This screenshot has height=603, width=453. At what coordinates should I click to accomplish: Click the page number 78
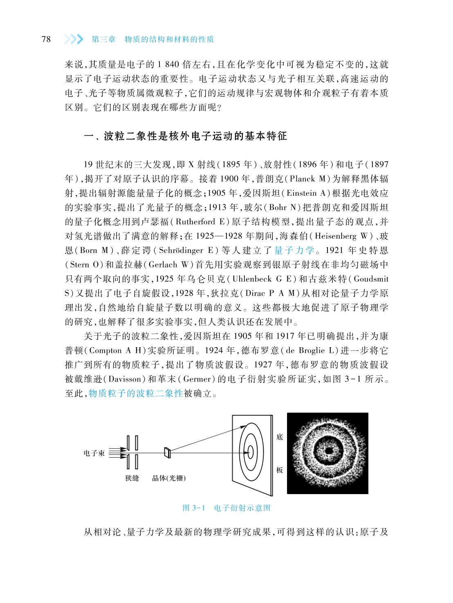46,39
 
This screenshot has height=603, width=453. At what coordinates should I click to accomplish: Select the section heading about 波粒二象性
185,136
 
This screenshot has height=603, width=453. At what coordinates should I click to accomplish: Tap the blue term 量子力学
294,250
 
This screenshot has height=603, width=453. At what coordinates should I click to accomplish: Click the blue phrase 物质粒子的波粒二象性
135,394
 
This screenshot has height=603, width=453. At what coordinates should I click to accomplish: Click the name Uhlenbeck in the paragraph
254,279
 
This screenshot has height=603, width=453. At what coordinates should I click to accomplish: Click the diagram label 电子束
94,453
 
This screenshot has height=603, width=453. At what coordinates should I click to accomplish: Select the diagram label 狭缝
132,478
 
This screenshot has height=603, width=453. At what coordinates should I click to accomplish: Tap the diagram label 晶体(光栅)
169,478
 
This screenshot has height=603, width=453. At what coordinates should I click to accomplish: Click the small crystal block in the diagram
167,452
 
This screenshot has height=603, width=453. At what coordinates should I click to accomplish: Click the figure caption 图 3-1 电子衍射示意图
226,508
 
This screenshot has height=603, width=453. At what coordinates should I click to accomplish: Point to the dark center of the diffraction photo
328,450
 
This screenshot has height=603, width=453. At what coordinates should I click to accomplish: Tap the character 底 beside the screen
280,437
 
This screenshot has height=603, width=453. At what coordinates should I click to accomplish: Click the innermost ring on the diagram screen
251,452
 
